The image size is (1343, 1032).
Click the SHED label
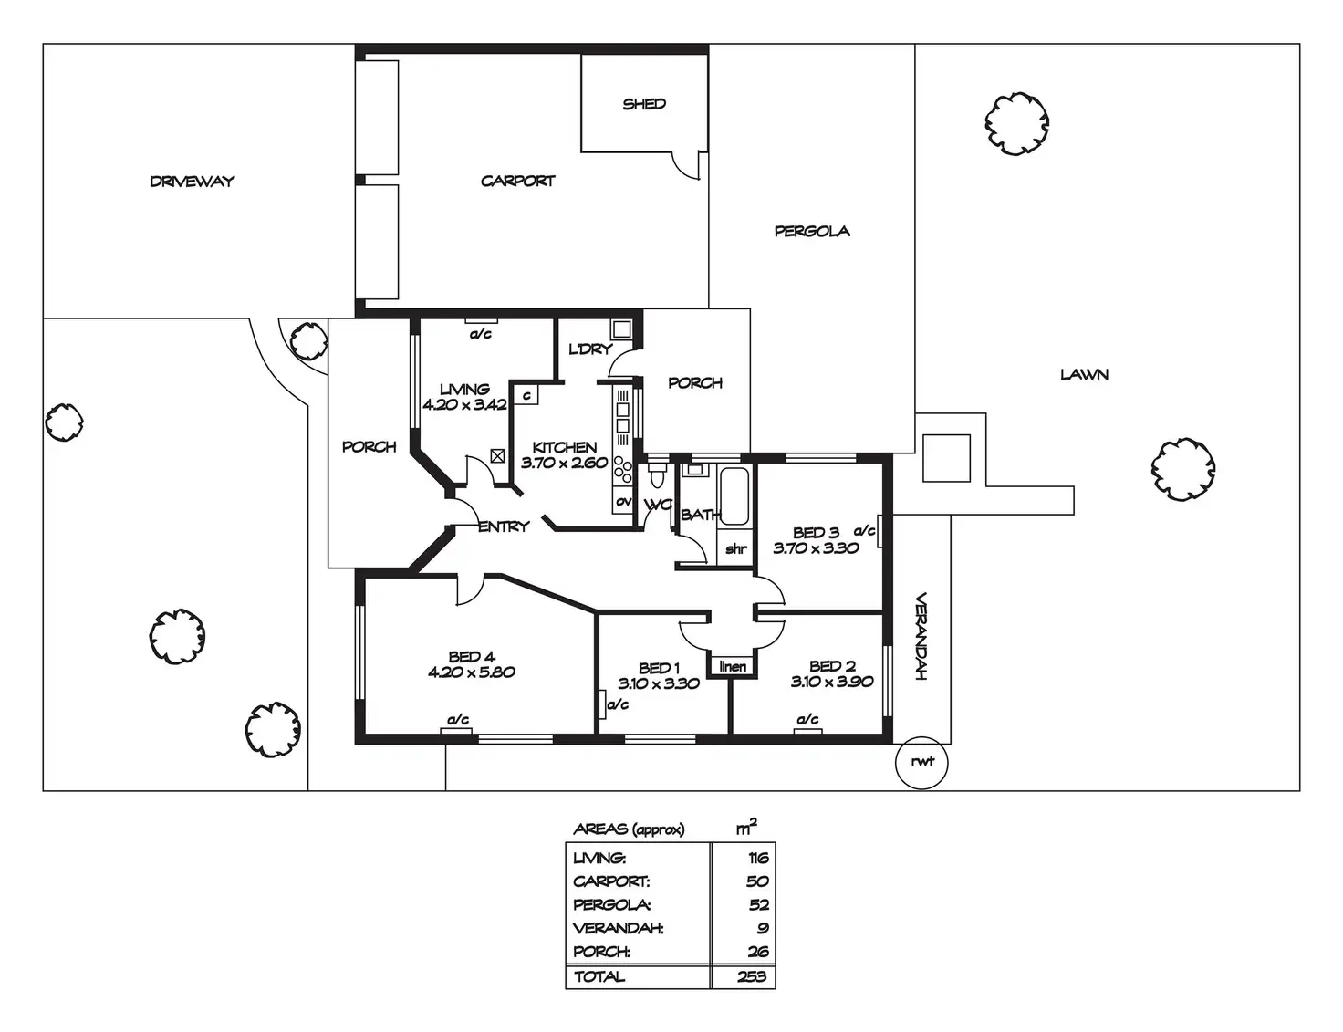coord(644,104)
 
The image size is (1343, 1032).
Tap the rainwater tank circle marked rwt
coord(922,761)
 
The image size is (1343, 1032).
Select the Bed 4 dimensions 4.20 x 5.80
coord(471,672)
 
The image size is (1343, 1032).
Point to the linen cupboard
coord(733,667)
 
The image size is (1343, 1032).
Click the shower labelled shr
coord(735,549)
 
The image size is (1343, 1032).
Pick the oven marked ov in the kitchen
coord(623,501)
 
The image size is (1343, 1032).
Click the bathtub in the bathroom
coord(734,495)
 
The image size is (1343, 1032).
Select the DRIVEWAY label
coord(193,182)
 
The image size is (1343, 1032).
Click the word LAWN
coord(1084,374)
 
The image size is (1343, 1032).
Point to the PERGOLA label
coord(812,232)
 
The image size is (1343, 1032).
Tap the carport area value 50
coord(757,881)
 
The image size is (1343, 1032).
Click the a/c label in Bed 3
coord(864,530)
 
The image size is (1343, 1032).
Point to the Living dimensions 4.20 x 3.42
coord(464,404)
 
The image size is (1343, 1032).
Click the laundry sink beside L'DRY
coord(622,329)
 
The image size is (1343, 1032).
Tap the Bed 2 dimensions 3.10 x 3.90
coord(831,682)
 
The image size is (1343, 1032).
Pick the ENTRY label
coord(503,526)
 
